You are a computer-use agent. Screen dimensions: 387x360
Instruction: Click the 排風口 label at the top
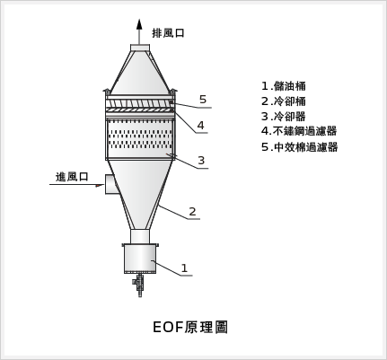point(168,33)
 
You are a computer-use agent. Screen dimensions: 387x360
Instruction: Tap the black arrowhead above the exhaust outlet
point(139,24)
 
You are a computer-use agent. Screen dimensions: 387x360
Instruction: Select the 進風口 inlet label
point(72,177)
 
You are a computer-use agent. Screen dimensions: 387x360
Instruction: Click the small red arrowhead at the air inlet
point(99,186)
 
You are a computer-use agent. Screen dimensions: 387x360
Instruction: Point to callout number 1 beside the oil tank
point(184,268)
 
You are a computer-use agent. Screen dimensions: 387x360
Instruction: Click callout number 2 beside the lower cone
point(192,212)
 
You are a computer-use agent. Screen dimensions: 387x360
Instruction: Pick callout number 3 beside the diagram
point(201,161)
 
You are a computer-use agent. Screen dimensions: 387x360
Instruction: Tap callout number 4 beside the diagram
point(200,125)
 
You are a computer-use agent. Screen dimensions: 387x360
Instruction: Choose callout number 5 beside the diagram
point(203,100)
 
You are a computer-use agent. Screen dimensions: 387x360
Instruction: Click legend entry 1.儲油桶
point(284,86)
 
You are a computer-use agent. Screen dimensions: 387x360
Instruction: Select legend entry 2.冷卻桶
point(284,101)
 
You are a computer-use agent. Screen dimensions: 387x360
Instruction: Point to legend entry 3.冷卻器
point(284,117)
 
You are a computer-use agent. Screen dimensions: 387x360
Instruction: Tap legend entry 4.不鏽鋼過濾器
point(299,131)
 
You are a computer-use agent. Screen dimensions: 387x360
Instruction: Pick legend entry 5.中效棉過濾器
point(300,147)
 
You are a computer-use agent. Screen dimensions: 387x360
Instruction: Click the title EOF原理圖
point(190,327)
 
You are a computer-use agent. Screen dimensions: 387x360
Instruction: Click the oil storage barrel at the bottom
point(140,259)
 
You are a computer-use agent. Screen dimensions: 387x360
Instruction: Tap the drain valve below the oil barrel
point(139,285)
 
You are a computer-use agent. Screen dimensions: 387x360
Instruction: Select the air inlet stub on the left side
point(110,184)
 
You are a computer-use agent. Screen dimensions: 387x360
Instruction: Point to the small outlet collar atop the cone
point(140,48)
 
